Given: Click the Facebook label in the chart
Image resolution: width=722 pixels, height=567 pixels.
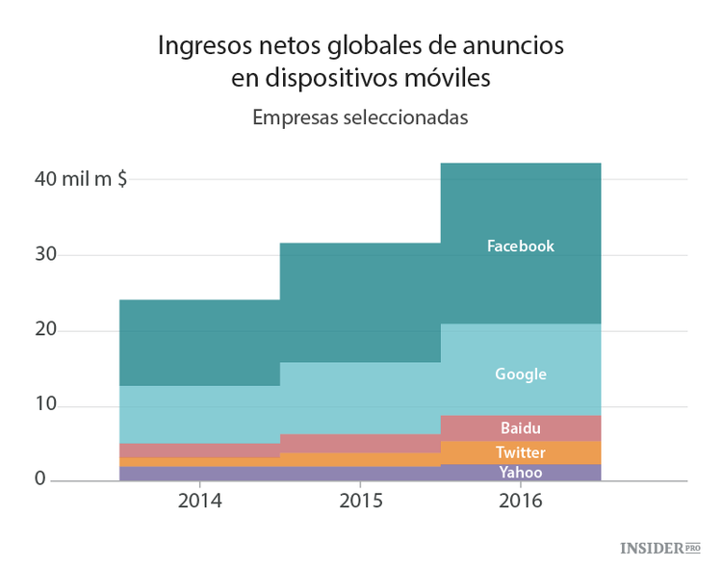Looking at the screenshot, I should (520, 246).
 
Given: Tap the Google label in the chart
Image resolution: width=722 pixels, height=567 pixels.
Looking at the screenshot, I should (520, 374).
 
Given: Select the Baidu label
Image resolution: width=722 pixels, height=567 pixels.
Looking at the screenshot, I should (520, 428).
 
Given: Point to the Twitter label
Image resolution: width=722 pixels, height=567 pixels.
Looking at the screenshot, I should (520, 452).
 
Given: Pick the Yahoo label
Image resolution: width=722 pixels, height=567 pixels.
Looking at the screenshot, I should (520, 473).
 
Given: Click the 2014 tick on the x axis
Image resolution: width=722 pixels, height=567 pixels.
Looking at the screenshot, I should (199, 502).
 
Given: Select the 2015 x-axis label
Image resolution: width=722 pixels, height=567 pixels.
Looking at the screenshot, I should (360, 502).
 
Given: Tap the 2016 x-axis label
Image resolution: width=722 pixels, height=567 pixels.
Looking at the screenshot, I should (521, 502).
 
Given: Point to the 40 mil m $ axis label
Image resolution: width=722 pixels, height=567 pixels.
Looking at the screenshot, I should (82, 179).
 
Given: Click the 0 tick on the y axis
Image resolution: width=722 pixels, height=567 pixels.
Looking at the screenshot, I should (41, 479).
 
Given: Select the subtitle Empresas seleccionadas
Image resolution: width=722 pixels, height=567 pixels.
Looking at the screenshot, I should (360, 117).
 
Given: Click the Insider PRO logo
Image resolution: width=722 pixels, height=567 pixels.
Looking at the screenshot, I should (659, 548).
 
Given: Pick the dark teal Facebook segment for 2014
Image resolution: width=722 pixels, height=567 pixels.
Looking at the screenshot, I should (199, 342).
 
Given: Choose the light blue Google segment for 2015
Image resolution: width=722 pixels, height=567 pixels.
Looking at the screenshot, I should (360, 398).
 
